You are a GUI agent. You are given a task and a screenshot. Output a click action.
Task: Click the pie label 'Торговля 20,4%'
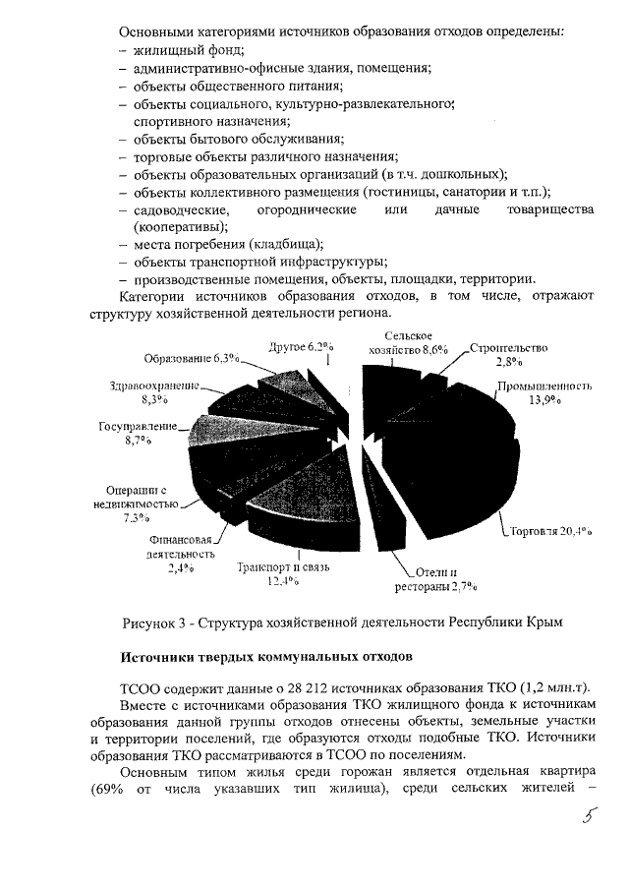pos(550,531)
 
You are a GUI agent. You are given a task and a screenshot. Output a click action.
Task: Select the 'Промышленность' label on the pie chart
pos(543,386)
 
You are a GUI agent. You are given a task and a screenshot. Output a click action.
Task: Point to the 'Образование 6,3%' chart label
pos(193,358)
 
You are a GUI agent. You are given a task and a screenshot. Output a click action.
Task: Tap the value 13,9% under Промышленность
pos(543,400)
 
